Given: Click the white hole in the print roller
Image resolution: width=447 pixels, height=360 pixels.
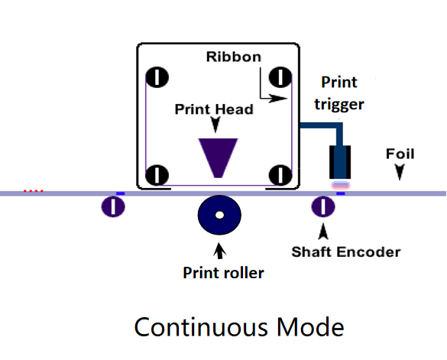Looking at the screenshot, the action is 219,215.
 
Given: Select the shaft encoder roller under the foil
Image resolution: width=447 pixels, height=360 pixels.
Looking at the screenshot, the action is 323,206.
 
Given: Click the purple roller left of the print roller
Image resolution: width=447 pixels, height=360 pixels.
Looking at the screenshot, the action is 113,206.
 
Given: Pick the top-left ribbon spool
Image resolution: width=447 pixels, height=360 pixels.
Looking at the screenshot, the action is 157,77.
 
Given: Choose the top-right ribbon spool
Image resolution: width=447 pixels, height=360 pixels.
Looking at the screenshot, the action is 280,77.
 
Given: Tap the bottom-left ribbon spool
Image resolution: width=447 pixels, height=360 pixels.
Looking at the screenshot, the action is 157,175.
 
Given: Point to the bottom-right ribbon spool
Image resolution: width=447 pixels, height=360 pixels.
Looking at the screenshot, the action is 280,175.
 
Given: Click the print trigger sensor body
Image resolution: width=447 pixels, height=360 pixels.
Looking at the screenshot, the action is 340,162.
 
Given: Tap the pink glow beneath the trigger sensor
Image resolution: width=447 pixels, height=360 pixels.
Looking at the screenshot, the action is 340,185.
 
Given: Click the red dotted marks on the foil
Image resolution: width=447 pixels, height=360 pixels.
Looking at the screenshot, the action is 34,191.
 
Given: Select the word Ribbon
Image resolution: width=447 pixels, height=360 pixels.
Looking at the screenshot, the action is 234,57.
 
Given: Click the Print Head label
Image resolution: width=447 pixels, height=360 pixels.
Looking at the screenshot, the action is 214,109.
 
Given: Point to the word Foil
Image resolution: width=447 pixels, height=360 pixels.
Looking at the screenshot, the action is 400,154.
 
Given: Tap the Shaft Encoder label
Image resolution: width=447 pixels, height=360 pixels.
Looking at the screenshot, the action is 346,252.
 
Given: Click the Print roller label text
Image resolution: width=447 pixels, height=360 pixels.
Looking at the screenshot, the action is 223,273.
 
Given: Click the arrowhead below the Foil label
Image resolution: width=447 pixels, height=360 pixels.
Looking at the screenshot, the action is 400,172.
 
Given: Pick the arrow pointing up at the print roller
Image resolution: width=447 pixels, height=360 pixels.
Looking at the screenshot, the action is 219,251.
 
